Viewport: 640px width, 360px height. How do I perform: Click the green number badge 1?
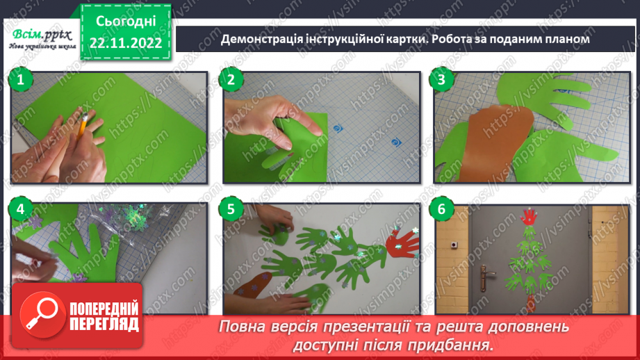pos(20,80)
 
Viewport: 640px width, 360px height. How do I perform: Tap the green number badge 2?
pos(231,80)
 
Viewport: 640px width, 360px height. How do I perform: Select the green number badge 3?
pos(441,80)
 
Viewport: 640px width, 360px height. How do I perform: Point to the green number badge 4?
pos(20,208)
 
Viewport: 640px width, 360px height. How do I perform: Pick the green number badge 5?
pos(231,208)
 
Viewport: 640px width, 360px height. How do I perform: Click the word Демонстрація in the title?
pos(260,40)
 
